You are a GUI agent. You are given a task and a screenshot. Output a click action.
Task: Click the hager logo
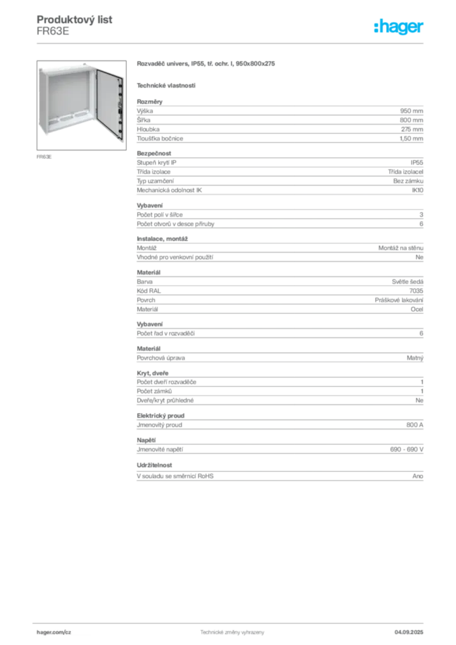click(x=399, y=26)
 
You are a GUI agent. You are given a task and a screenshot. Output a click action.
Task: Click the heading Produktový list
click(x=74, y=20)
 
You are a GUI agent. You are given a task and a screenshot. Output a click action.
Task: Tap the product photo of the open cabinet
click(x=81, y=105)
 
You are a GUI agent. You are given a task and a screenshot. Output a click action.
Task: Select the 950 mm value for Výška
click(x=411, y=111)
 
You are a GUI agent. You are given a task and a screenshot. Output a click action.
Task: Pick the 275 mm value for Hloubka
click(x=412, y=129)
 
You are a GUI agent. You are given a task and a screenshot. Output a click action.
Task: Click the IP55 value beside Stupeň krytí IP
click(x=416, y=163)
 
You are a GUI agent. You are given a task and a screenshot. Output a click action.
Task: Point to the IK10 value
click(x=418, y=190)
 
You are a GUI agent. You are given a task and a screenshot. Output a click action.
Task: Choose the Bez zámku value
click(x=408, y=181)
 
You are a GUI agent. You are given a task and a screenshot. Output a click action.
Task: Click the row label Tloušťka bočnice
click(x=160, y=139)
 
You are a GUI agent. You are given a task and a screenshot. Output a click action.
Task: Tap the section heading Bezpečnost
click(x=154, y=154)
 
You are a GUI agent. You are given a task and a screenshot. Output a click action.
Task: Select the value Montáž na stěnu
click(x=401, y=248)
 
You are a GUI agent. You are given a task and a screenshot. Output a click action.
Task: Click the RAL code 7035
click(x=416, y=291)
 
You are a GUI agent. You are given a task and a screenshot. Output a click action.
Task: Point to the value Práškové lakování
click(x=399, y=300)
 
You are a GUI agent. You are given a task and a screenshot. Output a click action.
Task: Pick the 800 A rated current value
click(x=414, y=425)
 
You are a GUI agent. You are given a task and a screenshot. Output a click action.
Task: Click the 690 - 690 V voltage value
click(x=407, y=450)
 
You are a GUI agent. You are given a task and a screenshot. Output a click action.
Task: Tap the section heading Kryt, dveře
click(x=152, y=373)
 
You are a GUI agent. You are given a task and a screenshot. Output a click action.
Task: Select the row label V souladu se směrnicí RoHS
click(x=175, y=476)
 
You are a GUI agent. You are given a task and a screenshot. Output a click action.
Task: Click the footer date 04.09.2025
click(x=409, y=632)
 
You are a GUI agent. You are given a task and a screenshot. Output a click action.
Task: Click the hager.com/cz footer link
click(x=54, y=632)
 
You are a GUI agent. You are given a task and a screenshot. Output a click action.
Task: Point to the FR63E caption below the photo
click(x=44, y=157)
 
